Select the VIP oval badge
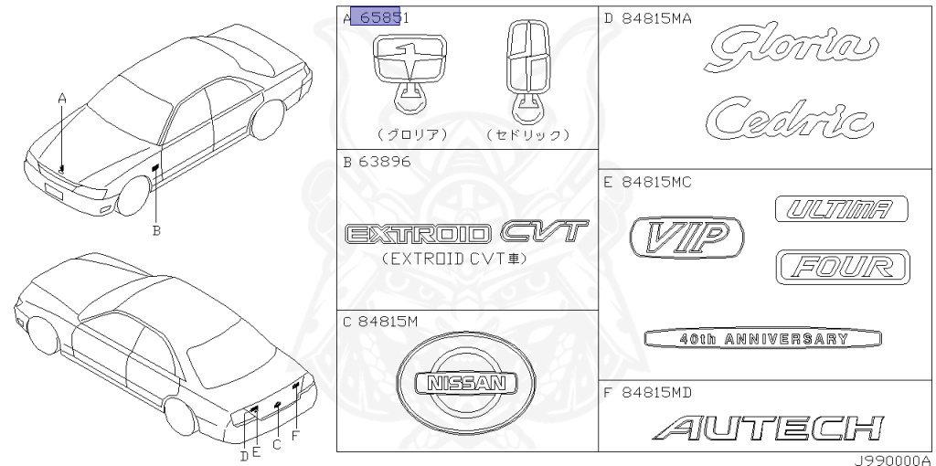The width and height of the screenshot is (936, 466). click(686, 238)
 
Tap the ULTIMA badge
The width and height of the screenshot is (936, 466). click(841, 209)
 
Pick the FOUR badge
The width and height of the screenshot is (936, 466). click(841, 267)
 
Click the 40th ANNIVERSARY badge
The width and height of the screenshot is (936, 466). click(763, 339)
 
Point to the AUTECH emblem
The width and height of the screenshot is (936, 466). click(772, 426)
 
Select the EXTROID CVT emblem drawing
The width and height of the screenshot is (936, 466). click(466, 233)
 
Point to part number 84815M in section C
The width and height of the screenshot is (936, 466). click(388, 321)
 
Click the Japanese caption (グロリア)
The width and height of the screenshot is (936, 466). click(411, 134)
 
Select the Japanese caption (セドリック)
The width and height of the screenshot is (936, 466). click(529, 134)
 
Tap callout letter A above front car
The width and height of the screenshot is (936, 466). click(62, 97)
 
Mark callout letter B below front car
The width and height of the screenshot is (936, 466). click(156, 231)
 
